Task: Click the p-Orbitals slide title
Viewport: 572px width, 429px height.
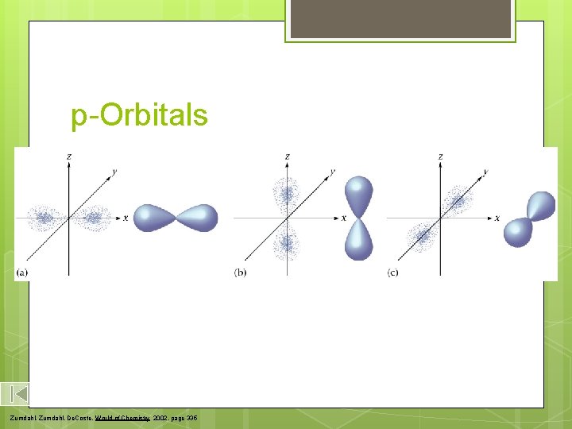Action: point(139,116)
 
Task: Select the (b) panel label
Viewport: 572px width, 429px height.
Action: point(240,272)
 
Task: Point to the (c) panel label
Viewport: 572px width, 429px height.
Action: point(392,272)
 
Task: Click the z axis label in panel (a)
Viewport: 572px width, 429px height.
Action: point(68,157)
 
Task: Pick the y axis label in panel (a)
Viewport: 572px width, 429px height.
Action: point(115,171)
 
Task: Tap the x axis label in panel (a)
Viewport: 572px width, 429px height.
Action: point(126,218)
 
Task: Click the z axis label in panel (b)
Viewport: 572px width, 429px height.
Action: point(287,157)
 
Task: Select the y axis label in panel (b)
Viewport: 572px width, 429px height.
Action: point(332,171)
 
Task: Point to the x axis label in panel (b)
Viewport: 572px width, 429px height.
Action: point(344,218)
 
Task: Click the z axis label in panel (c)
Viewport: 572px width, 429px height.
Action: point(440,157)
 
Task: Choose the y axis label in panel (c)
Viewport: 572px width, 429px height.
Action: point(485,171)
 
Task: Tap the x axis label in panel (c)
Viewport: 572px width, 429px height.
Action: point(497,218)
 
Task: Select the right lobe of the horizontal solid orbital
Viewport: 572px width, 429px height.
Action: point(199,217)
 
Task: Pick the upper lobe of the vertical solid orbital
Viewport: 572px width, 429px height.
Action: point(358,195)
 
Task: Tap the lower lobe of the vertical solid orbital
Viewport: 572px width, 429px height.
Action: point(358,239)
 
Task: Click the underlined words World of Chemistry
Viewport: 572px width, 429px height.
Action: point(124,417)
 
